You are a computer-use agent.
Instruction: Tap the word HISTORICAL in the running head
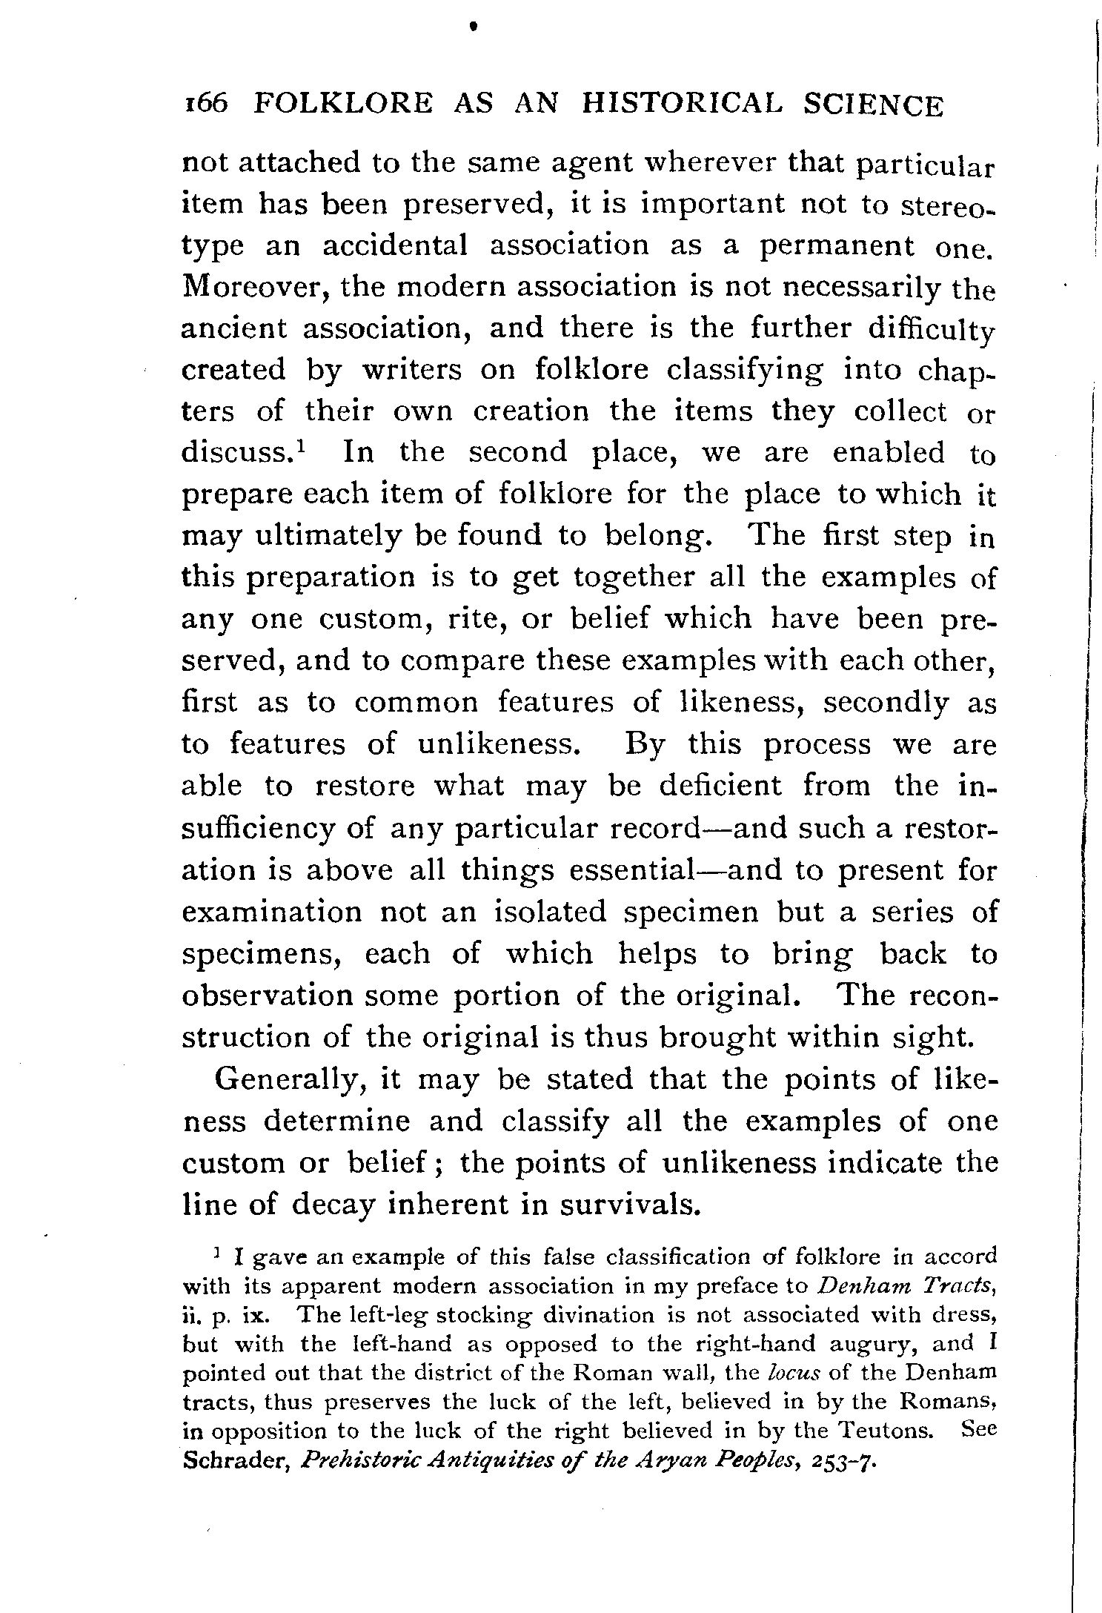[x=681, y=105]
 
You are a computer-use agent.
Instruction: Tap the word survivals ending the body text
[x=629, y=1205]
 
